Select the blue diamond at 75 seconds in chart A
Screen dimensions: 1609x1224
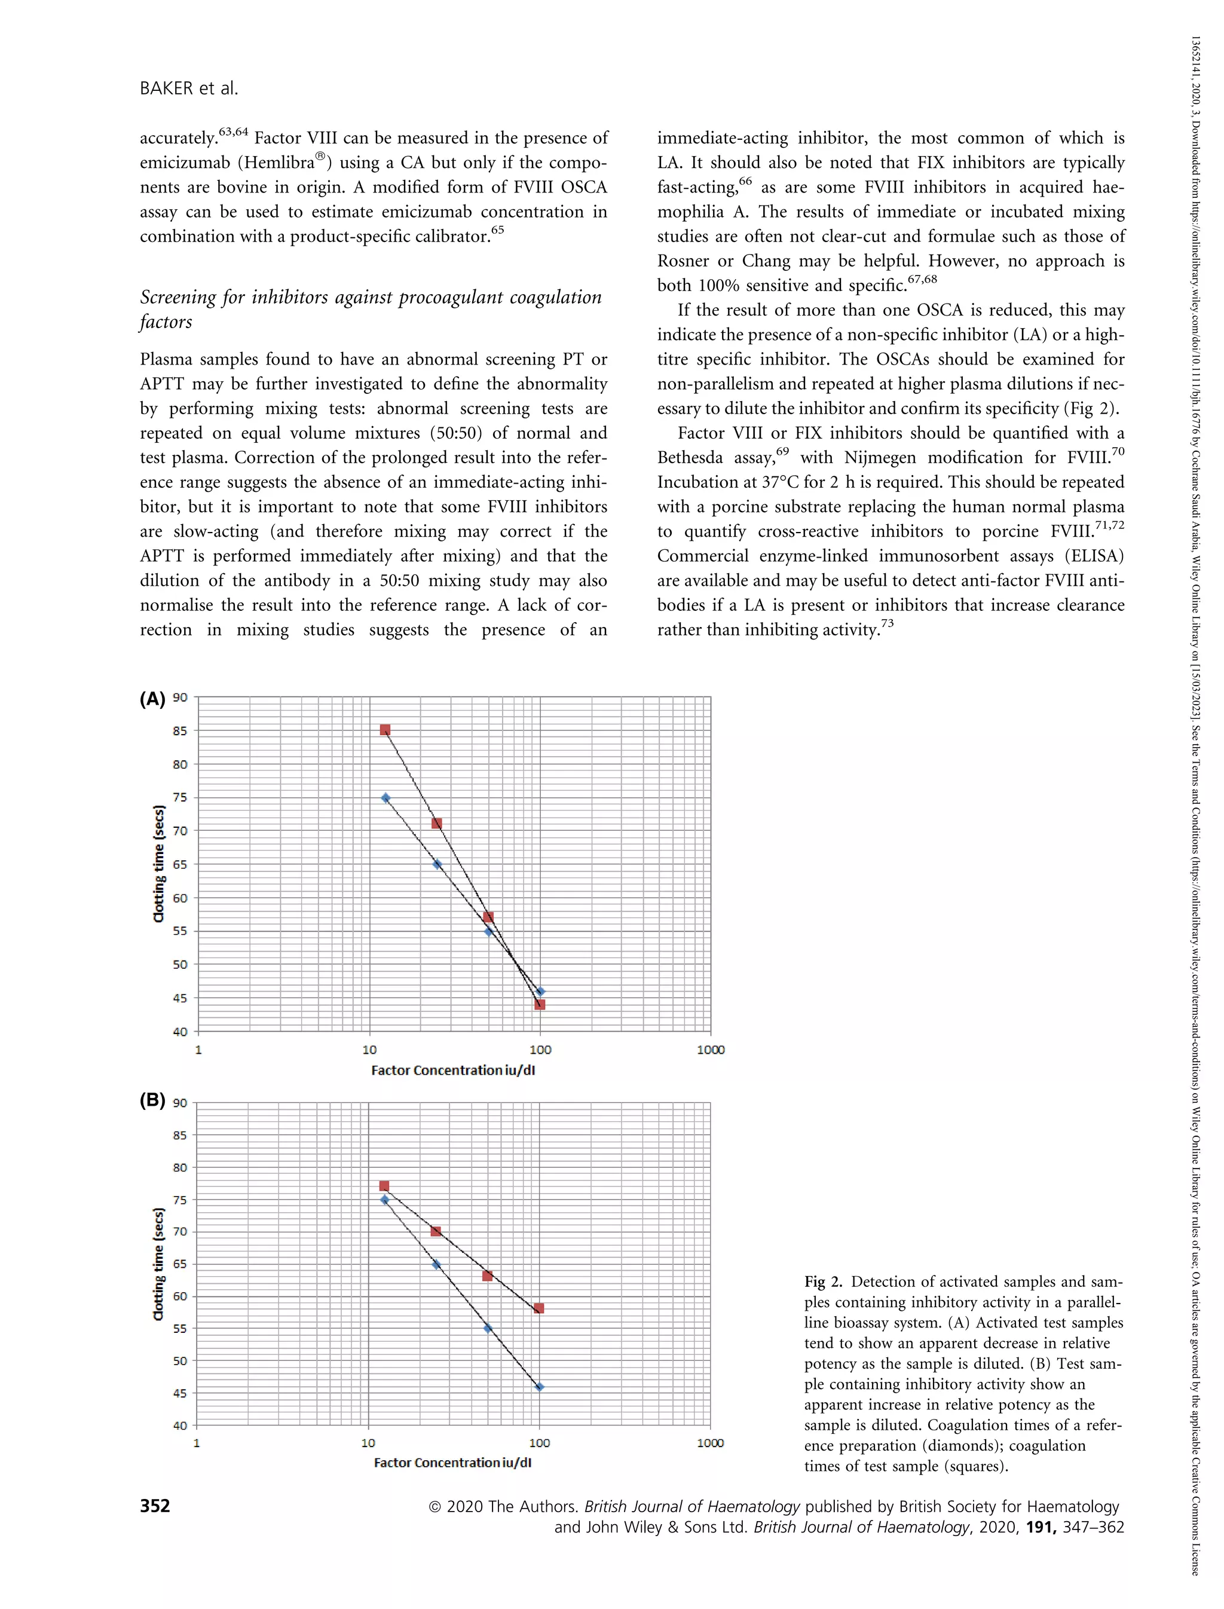tap(385, 798)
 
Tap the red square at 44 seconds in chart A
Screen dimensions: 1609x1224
tap(540, 1004)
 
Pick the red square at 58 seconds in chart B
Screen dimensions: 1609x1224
tap(538, 1308)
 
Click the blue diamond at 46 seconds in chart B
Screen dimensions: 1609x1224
tap(539, 1387)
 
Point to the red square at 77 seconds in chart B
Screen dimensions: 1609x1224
tap(384, 1186)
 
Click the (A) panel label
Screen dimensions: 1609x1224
tap(152, 699)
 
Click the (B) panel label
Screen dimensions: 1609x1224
tap(152, 1100)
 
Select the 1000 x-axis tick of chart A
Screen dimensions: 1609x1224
tap(711, 1050)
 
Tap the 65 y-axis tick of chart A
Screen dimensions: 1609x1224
tap(180, 864)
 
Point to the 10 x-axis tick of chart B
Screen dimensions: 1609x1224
tap(368, 1443)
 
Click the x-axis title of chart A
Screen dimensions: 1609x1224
tap(452, 1070)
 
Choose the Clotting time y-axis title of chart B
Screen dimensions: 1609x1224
tap(158, 1264)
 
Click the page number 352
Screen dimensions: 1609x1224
tap(154, 1506)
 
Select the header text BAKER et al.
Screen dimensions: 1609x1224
tap(189, 88)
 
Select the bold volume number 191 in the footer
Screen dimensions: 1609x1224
tap(1041, 1527)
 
